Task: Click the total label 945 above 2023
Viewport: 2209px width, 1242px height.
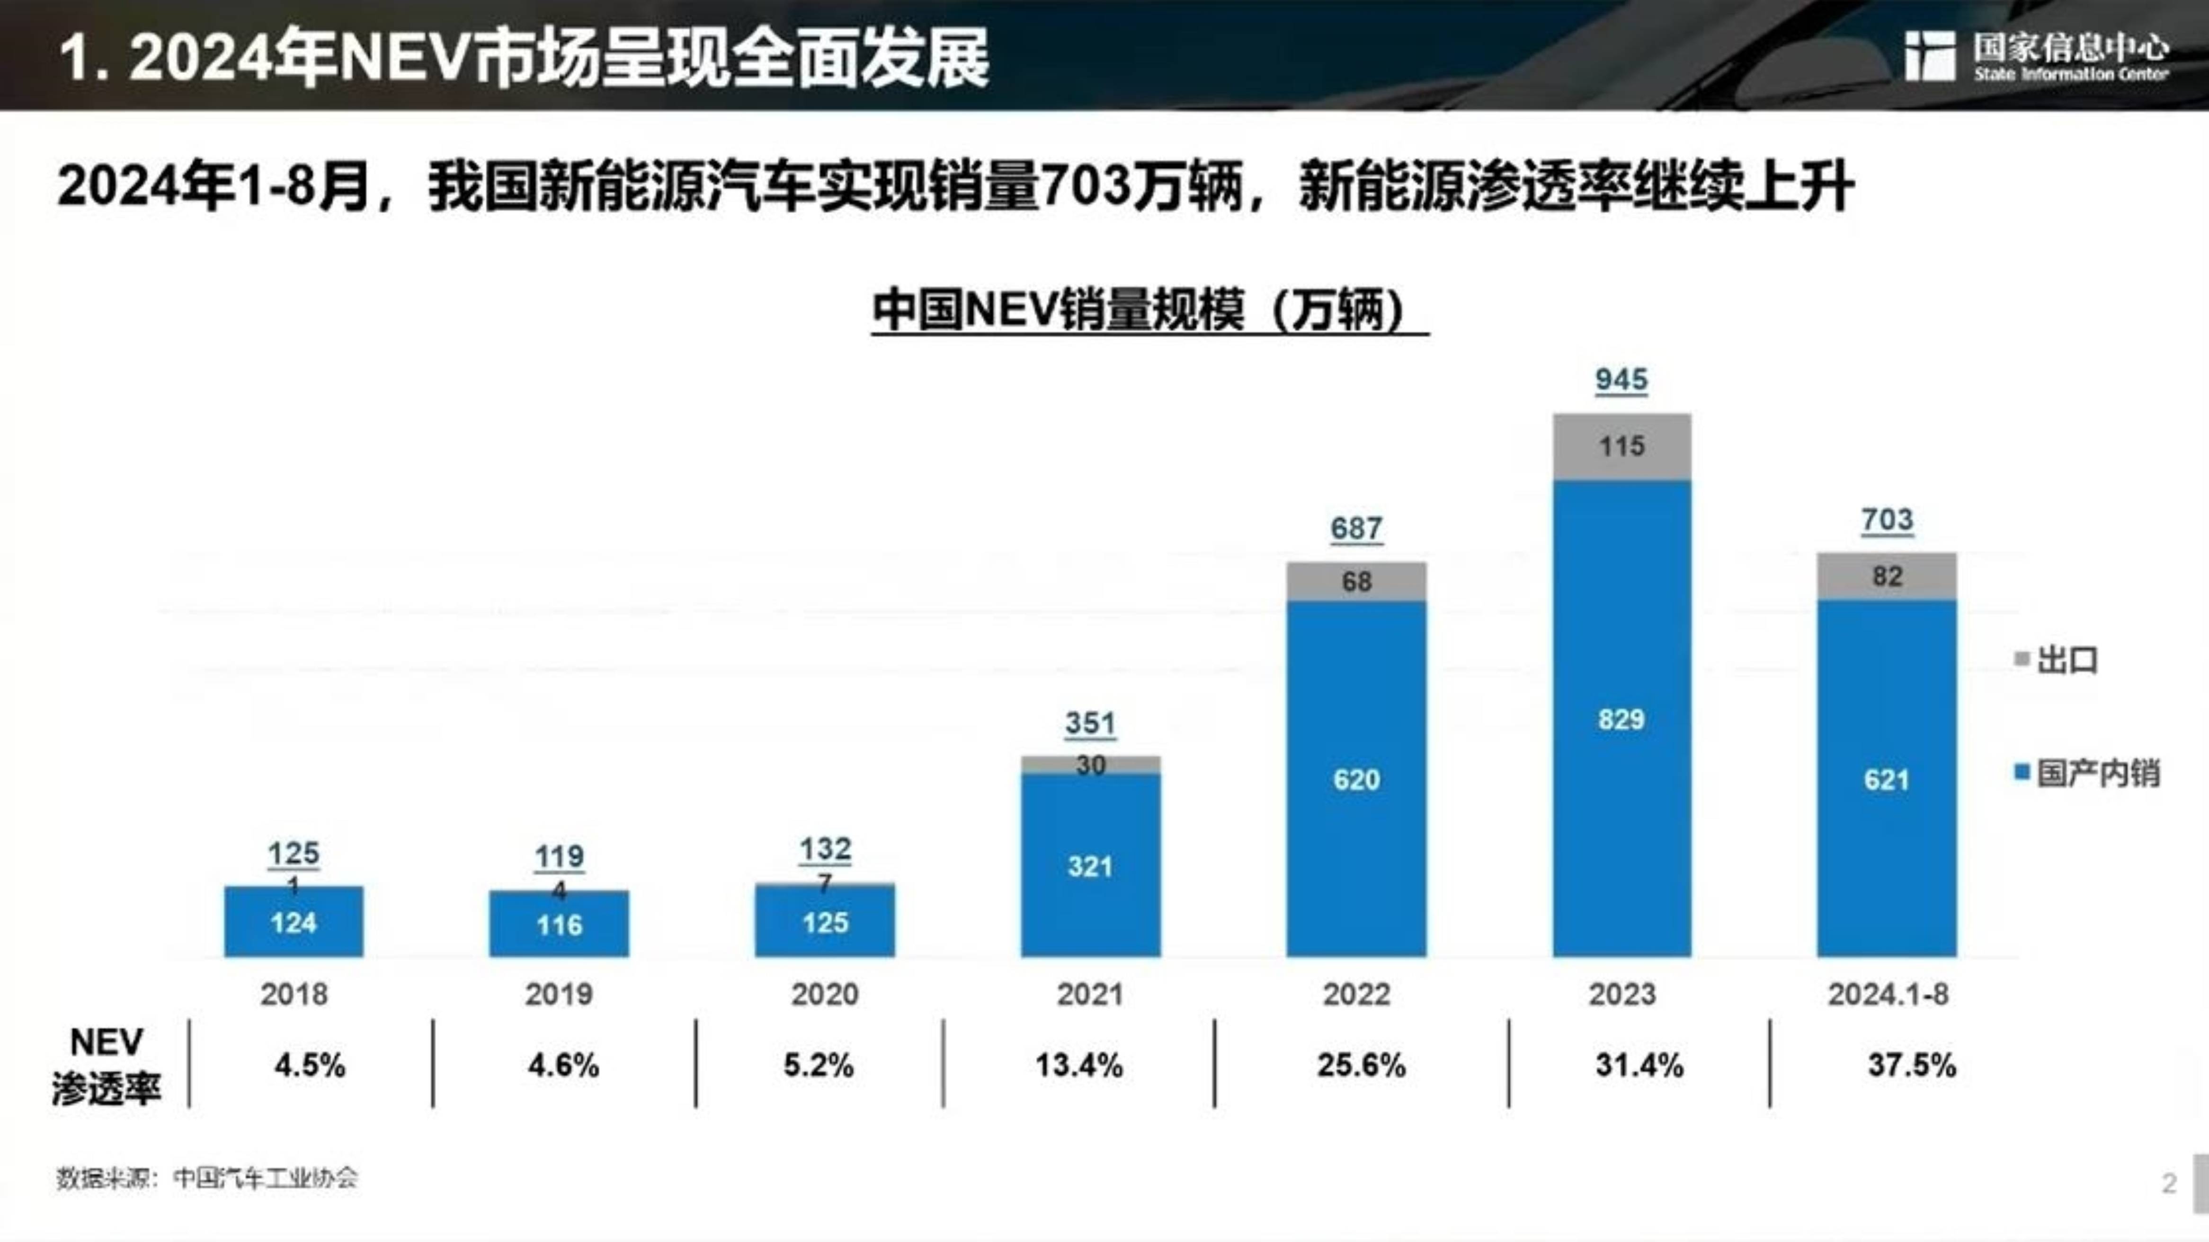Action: click(1621, 380)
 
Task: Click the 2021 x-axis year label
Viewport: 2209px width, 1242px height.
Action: click(1089, 994)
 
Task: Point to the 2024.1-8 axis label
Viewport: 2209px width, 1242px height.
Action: click(1888, 994)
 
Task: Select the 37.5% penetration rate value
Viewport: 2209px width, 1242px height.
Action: click(1911, 1066)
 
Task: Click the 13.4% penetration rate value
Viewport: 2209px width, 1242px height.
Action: click(1079, 1066)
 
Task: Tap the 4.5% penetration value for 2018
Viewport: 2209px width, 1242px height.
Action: click(310, 1066)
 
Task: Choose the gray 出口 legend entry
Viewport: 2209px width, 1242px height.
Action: click(2057, 660)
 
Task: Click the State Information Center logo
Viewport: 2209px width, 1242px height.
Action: click(2037, 57)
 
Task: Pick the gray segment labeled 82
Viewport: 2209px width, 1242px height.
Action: click(1887, 576)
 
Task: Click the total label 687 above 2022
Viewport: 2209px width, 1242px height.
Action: click(1356, 528)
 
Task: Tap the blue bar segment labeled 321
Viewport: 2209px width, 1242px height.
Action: click(1090, 866)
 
